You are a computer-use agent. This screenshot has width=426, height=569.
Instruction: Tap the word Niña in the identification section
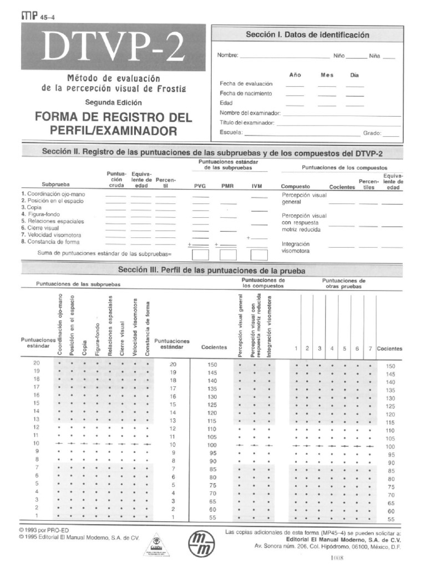pos(375,56)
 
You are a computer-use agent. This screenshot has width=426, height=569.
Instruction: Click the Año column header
pos(295,75)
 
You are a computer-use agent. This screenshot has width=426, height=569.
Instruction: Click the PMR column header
pos(227,187)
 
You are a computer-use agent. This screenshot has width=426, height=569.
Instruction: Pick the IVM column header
pos(257,187)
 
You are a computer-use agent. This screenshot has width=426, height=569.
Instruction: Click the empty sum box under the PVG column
pos(200,254)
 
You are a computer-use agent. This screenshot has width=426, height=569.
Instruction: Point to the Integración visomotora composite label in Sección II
pos(296,247)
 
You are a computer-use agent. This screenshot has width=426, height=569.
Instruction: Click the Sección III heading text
pos(212,270)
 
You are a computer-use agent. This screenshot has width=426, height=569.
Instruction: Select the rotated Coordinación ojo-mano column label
pos(60,325)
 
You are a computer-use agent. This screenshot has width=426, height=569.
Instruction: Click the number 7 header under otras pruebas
pos(370,348)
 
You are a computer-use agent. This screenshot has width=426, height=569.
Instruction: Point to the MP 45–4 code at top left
pos(37,16)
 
